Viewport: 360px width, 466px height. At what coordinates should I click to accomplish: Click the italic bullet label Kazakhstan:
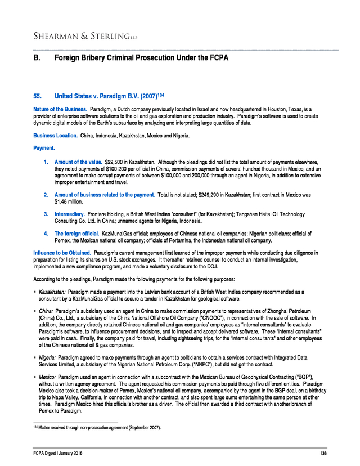pyautogui.click(x=52, y=293)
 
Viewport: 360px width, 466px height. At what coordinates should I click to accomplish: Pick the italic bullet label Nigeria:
pyautogui.click(x=47, y=358)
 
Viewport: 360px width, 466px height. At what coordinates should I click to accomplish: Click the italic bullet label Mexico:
pyautogui.click(x=47, y=377)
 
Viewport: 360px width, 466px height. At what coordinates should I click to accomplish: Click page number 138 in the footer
pyautogui.click(x=323, y=454)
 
